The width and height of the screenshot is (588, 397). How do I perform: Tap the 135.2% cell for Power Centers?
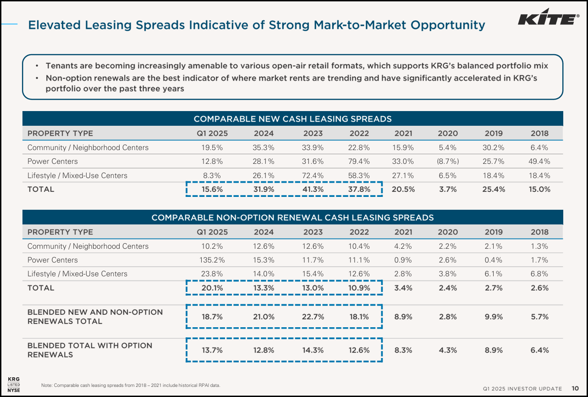(x=212, y=260)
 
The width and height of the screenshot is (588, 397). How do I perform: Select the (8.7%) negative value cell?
(x=447, y=161)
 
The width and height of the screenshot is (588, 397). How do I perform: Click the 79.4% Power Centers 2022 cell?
(x=359, y=161)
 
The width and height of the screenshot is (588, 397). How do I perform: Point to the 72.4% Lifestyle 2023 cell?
(x=313, y=175)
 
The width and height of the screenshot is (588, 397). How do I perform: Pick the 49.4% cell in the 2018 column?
(x=539, y=161)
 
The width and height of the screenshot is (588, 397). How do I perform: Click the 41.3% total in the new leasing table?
(x=313, y=189)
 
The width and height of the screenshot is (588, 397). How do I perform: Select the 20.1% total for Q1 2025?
(x=212, y=288)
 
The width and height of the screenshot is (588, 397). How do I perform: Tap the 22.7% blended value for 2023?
(x=313, y=317)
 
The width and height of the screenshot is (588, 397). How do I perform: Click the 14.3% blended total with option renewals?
(x=313, y=350)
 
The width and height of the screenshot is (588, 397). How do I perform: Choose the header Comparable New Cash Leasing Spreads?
(x=292, y=119)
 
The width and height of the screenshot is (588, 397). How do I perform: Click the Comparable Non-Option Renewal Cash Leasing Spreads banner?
(x=292, y=218)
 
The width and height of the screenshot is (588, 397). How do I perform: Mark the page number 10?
(x=575, y=388)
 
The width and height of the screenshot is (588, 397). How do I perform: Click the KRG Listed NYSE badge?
(x=14, y=384)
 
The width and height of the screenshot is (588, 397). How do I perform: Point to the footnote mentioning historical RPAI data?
(x=131, y=385)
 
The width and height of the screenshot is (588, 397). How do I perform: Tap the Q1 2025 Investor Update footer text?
(x=522, y=389)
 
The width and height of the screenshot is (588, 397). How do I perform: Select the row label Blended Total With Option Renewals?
(x=89, y=350)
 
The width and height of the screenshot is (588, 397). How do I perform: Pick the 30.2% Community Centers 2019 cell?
(x=494, y=147)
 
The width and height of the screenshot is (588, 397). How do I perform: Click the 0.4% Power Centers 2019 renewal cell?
(x=494, y=260)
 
